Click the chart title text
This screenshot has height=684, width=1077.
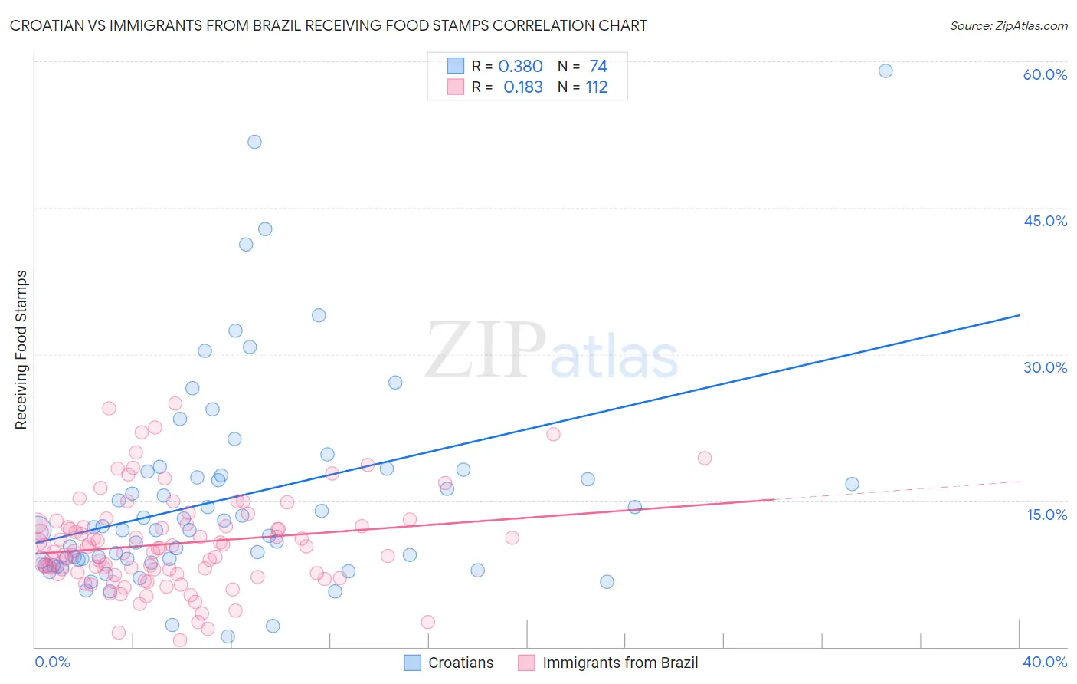click(328, 25)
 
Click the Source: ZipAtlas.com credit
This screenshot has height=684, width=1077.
click(1008, 25)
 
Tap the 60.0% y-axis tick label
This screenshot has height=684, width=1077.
click(1045, 74)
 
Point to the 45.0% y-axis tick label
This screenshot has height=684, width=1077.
click(1045, 221)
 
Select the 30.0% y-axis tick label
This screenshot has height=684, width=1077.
click(1045, 367)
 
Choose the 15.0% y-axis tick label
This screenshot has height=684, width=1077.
click(1046, 515)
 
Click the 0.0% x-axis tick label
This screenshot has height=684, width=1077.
click(52, 662)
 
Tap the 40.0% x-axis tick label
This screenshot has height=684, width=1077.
click(1045, 662)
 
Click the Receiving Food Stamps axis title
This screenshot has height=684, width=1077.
click(21, 350)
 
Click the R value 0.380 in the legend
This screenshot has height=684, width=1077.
click(520, 67)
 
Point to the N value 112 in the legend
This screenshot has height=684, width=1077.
click(597, 87)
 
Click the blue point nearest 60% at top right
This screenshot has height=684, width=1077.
click(885, 71)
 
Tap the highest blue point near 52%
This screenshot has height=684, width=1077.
click(254, 142)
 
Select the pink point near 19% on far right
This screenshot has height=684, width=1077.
click(705, 458)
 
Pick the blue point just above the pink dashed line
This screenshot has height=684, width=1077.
click(852, 484)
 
